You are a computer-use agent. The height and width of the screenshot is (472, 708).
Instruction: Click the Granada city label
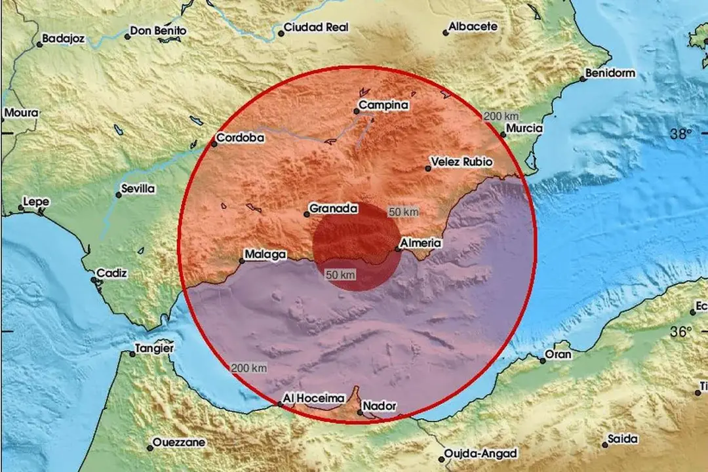(x=334, y=209)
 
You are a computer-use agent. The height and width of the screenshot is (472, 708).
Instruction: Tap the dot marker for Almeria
(x=397, y=248)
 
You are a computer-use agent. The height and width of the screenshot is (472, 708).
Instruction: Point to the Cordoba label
(x=240, y=138)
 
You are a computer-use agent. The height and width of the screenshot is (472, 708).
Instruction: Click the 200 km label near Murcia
(x=501, y=116)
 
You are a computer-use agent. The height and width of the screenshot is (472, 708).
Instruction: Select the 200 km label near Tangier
(x=249, y=367)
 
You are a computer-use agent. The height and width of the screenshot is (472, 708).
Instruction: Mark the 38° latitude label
(x=681, y=134)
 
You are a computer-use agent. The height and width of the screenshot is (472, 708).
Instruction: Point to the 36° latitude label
(x=681, y=332)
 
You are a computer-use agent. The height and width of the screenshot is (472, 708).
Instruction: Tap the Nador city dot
(x=360, y=412)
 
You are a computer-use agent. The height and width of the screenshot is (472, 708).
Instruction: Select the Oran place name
(x=559, y=355)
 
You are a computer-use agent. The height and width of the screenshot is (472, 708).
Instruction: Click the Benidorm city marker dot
(x=582, y=79)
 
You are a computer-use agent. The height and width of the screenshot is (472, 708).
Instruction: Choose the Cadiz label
(x=111, y=273)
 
